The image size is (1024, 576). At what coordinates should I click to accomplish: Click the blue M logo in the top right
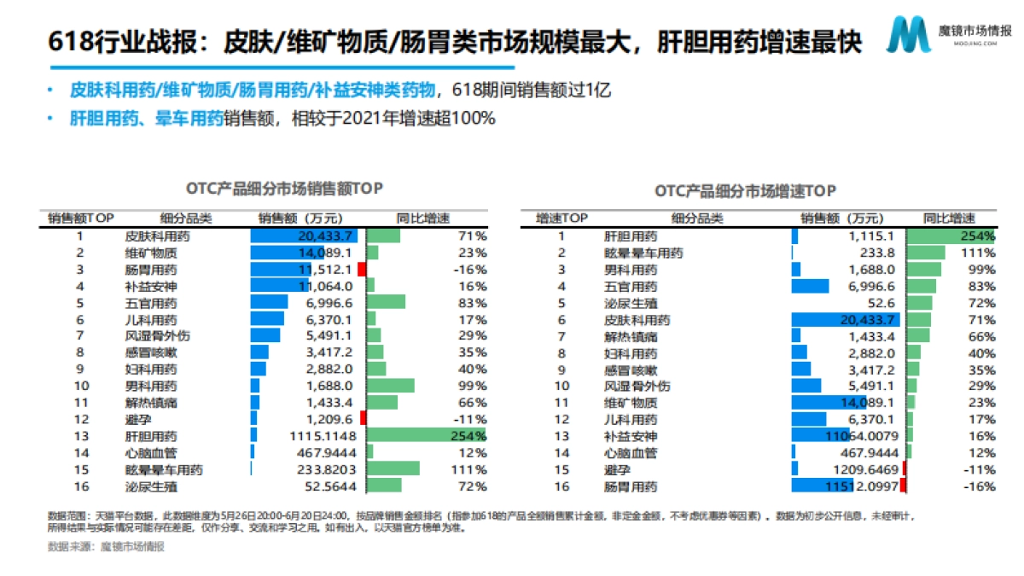906,36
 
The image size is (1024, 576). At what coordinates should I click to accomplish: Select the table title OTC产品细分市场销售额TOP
283,188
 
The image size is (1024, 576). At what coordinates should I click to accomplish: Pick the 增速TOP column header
561,218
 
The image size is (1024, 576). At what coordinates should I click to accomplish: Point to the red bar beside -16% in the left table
363,270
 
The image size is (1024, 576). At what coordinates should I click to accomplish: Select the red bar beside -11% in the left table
364,419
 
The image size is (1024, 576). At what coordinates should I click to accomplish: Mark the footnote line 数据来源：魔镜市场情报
106,546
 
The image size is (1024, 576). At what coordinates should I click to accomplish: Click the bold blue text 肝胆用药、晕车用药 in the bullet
146,119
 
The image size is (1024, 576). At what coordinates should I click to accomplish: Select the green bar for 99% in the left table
391,386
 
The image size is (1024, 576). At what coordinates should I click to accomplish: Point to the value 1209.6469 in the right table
864,469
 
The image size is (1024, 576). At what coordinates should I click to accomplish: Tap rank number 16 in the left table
80,486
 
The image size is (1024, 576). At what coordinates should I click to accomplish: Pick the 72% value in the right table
983,303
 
